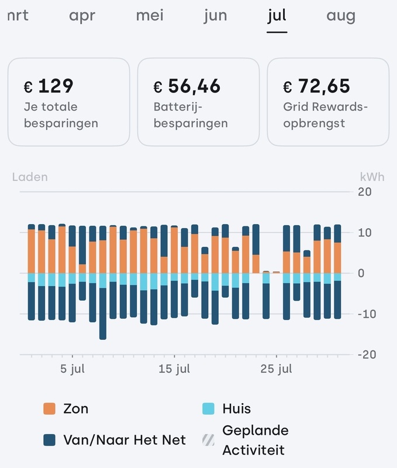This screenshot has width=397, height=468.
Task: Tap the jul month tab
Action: [277, 16]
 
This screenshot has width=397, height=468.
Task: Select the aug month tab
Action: [341, 16]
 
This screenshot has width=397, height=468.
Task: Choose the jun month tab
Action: [215, 16]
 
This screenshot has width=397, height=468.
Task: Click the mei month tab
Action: [150, 16]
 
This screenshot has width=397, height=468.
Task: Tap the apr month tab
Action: [82, 16]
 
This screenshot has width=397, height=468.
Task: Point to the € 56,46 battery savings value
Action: [187, 87]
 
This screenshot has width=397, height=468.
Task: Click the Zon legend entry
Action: [67, 408]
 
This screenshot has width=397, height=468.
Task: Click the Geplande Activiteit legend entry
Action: [247, 440]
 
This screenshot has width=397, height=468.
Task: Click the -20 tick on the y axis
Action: [364, 355]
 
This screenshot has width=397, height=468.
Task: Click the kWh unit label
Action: [371, 177]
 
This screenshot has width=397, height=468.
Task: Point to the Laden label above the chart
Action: [30, 177]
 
